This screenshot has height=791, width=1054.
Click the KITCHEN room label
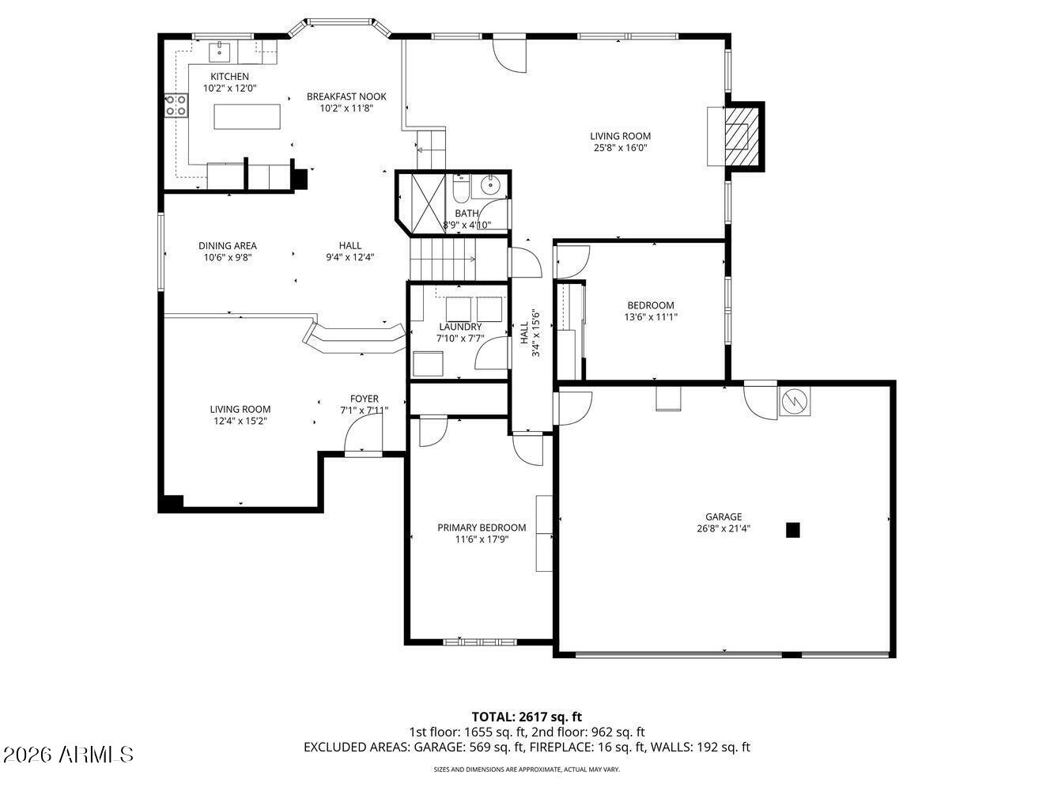(x=229, y=77)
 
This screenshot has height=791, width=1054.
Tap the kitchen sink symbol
(x=220, y=52)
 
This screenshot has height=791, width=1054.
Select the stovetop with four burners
(x=176, y=106)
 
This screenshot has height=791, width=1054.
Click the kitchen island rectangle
(x=247, y=117)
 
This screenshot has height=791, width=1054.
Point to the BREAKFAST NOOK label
(x=346, y=97)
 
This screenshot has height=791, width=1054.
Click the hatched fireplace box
(x=742, y=136)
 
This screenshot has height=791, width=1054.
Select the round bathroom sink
(x=489, y=184)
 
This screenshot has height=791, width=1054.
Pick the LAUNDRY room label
(x=460, y=327)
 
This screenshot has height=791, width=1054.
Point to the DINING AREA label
(x=228, y=246)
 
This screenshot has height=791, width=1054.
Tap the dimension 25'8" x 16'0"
(x=621, y=148)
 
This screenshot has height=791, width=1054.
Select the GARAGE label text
(x=723, y=517)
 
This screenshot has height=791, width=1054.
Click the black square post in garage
(x=793, y=530)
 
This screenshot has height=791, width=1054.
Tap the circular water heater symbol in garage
(x=794, y=400)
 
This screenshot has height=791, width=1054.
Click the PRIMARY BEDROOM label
(x=482, y=528)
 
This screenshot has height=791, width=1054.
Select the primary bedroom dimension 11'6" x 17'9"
(x=482, y=539)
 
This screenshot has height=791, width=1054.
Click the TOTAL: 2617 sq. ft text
(x=527, y=717)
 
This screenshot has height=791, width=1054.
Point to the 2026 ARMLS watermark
(x=67, y=755)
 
